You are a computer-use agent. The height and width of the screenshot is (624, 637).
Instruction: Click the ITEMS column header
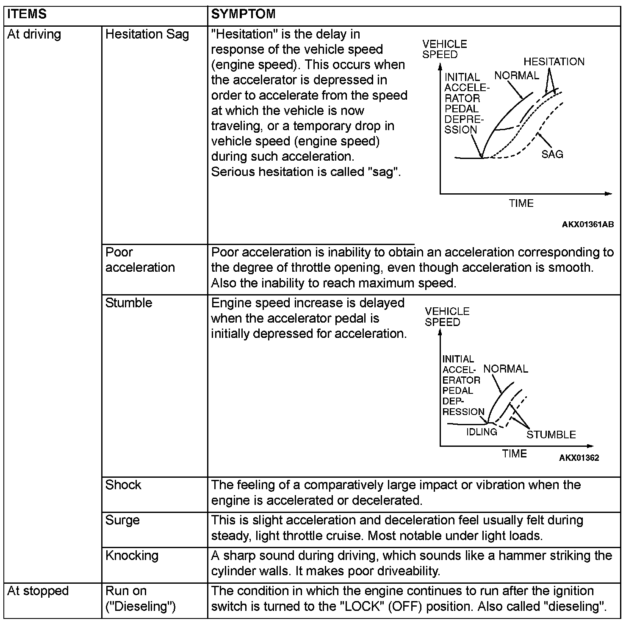[x=27, y=14]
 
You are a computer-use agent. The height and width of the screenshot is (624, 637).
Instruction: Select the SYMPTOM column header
[x=243, y=14]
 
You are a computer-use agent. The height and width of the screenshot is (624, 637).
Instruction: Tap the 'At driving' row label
[x=34, y=34]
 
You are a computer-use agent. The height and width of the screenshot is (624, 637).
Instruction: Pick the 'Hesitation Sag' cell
[x=147, y=34]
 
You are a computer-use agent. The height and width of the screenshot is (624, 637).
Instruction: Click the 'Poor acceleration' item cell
[x=140, y=260]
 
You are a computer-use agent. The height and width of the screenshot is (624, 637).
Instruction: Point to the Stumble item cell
[x=129, y=303]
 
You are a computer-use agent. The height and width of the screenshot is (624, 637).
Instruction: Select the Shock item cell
[x=123, y=485]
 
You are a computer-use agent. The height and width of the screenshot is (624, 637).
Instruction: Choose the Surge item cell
[x=122, y=520]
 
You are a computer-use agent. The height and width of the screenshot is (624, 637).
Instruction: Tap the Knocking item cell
[x=132, y=555]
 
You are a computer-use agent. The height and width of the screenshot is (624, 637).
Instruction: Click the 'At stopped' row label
[x=38, y=591]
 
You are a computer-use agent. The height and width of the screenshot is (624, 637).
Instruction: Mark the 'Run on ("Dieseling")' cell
[x=140, y=599]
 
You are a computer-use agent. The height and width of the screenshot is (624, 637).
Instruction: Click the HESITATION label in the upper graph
[x=554, y=62]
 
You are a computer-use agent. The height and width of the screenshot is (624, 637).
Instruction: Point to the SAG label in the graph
[x=552, y=154]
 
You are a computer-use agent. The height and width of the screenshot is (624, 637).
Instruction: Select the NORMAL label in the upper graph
[x=517, y=76]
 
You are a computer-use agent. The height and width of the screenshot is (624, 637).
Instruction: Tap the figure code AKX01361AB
[x=587, y=224]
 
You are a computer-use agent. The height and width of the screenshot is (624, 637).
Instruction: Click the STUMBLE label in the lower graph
[x=551, y=435]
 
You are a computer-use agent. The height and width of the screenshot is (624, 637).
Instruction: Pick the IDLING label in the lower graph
[x=482, y=432]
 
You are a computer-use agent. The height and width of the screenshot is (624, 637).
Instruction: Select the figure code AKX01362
[x=579, y=458]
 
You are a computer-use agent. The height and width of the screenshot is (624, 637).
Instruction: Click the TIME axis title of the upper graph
[x=521, y=203]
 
